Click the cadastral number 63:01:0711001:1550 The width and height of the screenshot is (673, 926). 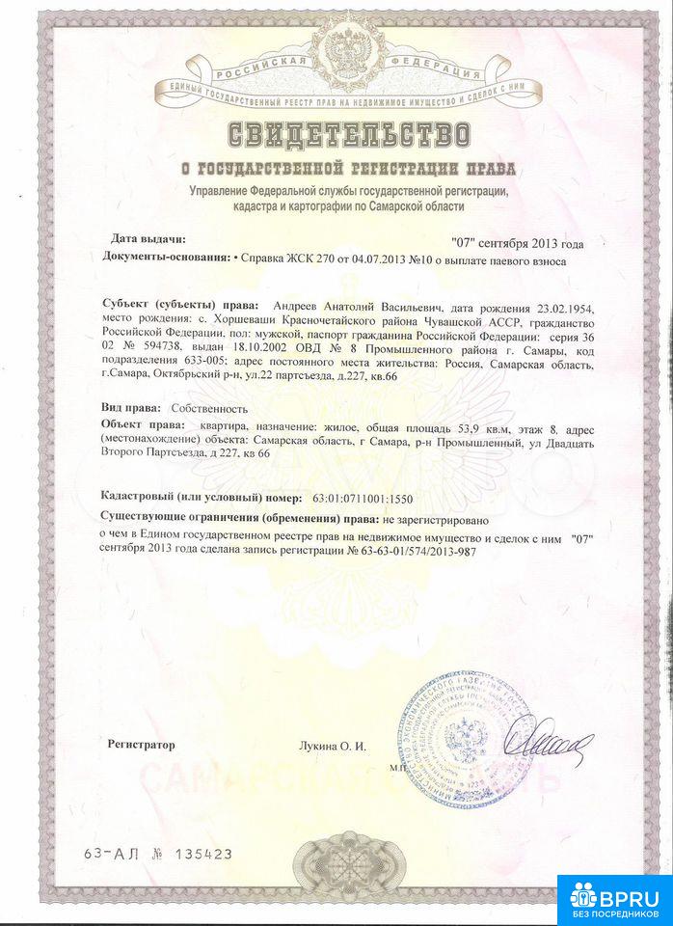coord(361,499)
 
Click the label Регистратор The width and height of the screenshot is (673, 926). coord(142,745)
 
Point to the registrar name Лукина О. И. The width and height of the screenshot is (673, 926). coord(333,746)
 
